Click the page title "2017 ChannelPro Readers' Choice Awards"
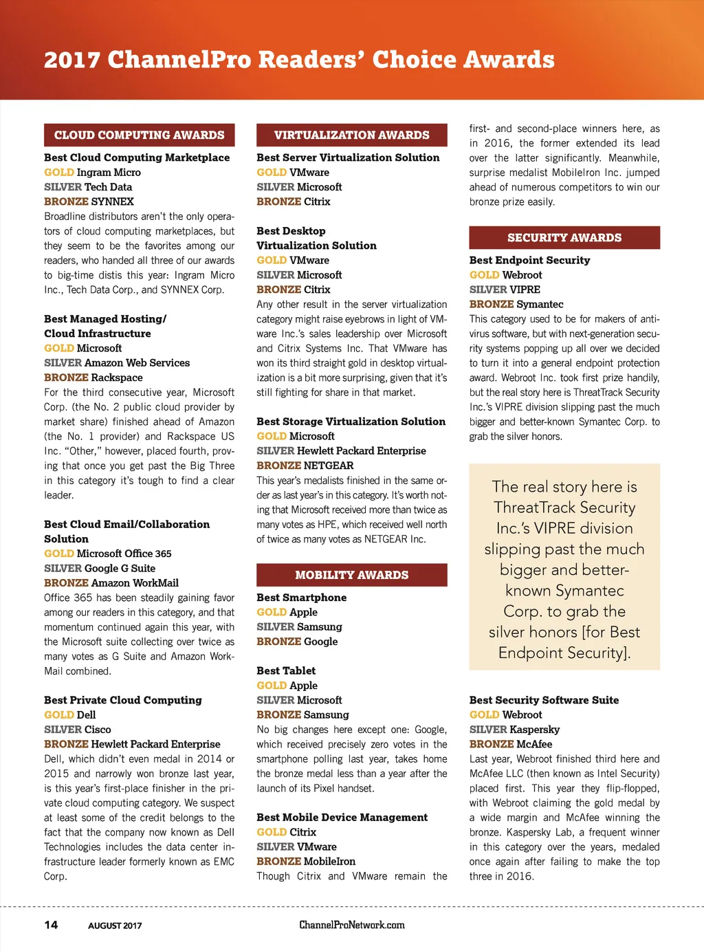point(299,60)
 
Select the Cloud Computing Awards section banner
point(139,135)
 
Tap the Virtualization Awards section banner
point(351,135)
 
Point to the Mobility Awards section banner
point(351,575)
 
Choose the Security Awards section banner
point(564,237)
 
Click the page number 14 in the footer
point(51,925)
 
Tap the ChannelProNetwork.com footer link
point(351,925)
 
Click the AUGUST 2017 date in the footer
point(115,926)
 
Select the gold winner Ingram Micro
point(109,172)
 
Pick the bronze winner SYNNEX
point(112,201)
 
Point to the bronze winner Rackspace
point(117,378)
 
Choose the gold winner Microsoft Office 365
point(124,554)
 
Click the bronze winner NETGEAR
point(329,466)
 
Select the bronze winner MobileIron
point(329,862)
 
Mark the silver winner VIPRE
point(525,289)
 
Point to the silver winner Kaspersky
point(534,730)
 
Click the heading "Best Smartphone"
point(301,598)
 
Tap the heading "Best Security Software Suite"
point(544,700)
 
